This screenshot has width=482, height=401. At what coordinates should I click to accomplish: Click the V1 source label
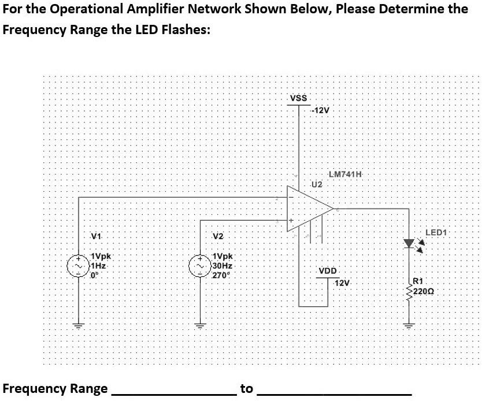[x=97, y=236]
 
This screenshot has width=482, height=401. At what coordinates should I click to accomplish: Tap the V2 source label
[x=218, y=236]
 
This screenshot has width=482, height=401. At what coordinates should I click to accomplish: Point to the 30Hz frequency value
[x=222, y=266]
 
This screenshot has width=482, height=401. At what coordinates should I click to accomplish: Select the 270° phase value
[x=221, y=275]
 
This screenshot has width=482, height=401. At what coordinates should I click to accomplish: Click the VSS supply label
[x=298, y=98]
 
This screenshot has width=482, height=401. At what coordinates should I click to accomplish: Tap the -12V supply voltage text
[x=320, y=110]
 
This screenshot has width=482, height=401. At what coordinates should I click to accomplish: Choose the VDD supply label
[x=328, y=272]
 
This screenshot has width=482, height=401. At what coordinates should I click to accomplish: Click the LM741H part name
[x=344, y=175]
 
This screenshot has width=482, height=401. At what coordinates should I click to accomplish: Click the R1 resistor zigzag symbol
[x=410, y=291]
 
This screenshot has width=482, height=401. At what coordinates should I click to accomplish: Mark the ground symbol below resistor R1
[x=410, y=325]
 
